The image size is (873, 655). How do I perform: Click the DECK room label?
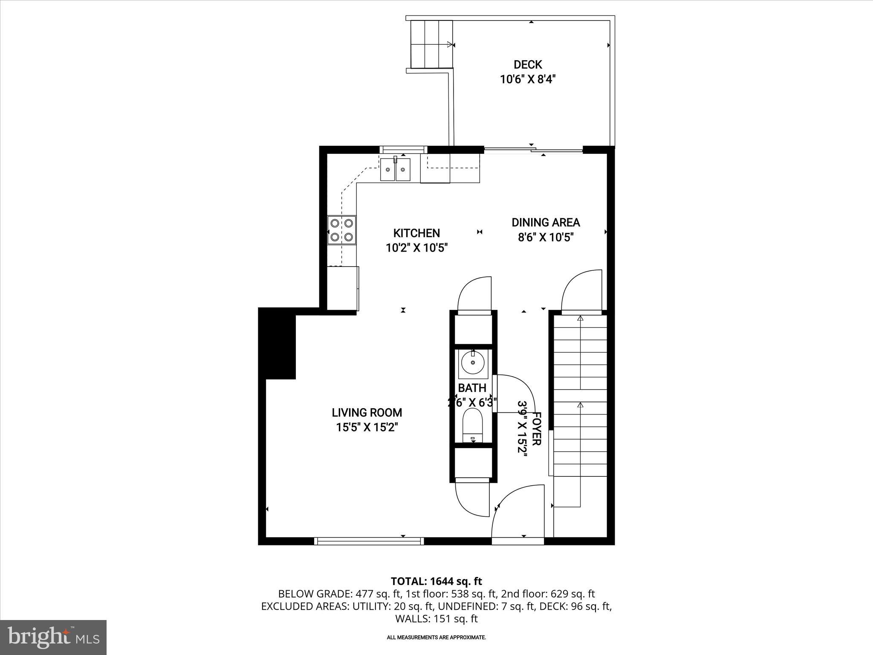coord(528,65)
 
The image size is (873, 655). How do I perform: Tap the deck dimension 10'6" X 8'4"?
coord(528,79)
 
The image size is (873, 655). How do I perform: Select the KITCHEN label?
coord(416,233)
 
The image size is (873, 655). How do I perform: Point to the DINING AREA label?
coord(546,223)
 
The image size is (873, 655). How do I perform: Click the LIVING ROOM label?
coord(367,413)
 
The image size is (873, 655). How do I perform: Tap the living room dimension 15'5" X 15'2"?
coord(367,427)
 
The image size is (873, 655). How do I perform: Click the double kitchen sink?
coord(396,169)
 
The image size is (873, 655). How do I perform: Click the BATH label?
coord(472,388)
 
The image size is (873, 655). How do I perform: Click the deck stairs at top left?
coord(431,44)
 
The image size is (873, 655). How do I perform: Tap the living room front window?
coord(369,541)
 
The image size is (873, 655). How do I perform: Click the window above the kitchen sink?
coord(403,149)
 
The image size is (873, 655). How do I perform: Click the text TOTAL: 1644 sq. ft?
coord(436,581)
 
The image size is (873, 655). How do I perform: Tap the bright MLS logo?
coord(53,638)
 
